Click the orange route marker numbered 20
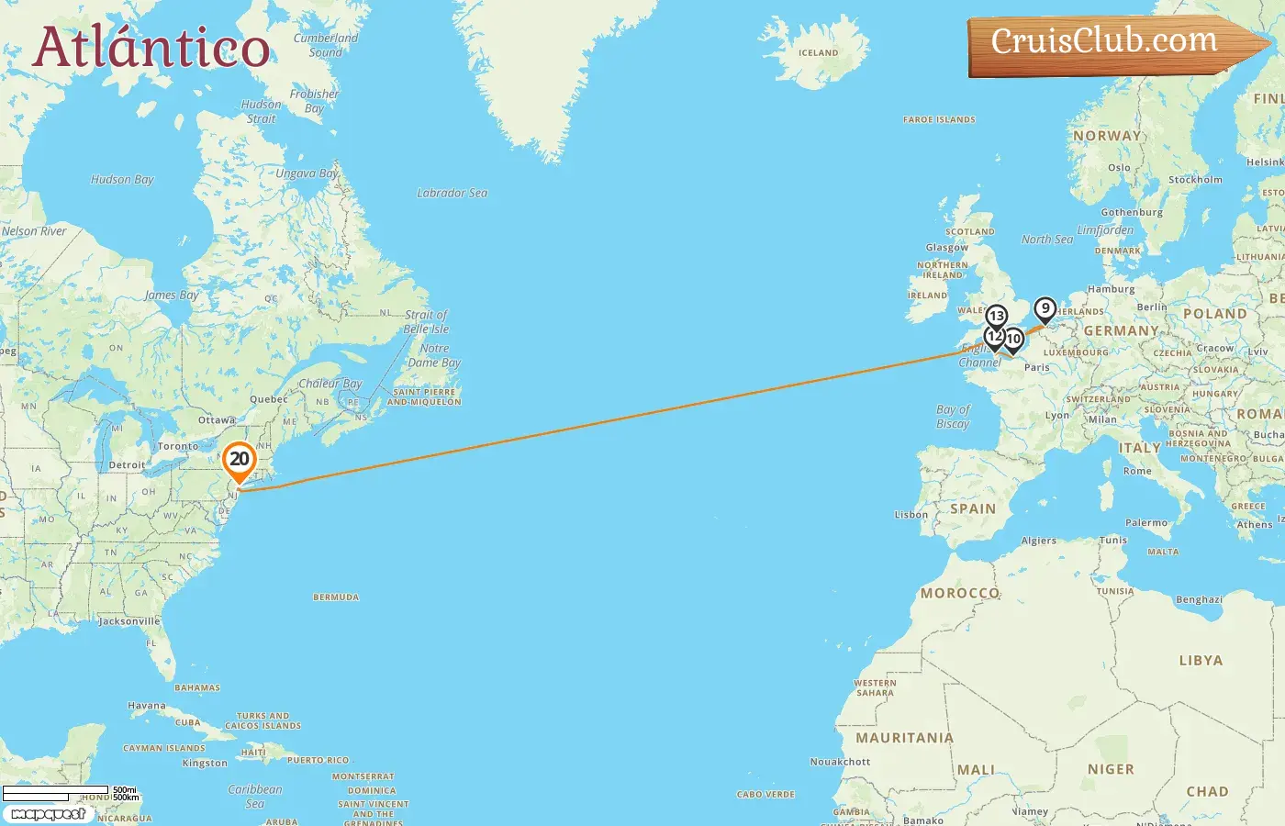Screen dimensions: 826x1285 pyautogui.click(x=240, y=460)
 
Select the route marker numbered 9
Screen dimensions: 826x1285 pyautogui.click(x=1045, y=308)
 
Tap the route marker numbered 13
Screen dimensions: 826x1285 pyautogui.click(x=996, y=317)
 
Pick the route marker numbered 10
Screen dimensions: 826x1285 pyautogui.click(x=1013, y=340)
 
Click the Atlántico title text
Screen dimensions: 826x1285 pyautogui.click(x=151, y=48)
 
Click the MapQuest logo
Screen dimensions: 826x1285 pyautogui.click(x=48, y=814)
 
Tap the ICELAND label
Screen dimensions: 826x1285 pyautogui.click(x=818, y=53)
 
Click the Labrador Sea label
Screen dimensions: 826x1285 pyautogui.click(x=452, y=194)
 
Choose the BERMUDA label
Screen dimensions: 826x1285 pyautogui.click(x=336, y=597)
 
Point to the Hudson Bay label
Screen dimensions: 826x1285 pyautogui.click(x=122, y=180)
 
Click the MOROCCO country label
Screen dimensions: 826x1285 pyautogui.click(x=960, y=593)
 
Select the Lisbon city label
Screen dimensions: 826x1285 pyautogui.click(x=911, y=515)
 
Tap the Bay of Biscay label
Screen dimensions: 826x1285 pyautogui.click(x=953, y=417)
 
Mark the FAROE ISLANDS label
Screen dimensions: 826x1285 pyautogui.click(x=939, y=119)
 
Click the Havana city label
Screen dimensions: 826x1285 pyautogui.click(x=147, y=707)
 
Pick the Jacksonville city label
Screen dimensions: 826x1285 pyautogui.click(x=129, y=621)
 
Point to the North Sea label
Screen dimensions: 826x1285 pyautogui.click(x=1046, y=240)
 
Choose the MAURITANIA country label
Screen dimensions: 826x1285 pyautogui.click(x=904, y=738)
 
